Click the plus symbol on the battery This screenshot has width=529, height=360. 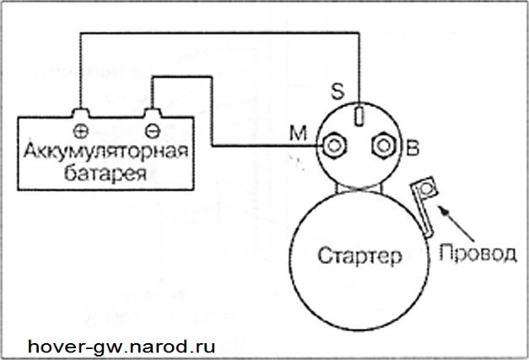[81, 132]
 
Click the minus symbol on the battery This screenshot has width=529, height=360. [153, 132]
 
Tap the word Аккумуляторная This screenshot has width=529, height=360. [106, 152]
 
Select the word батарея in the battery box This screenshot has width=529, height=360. [105, 173]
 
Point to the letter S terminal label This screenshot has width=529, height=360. [337, 91]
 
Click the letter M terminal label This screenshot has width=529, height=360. [298, 133]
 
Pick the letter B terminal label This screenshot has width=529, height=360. [413, 148]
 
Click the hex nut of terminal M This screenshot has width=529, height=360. [334, 146]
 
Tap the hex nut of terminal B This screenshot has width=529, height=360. [383, 146]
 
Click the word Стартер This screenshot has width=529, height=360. [359, 255]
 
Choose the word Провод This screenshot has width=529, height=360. [478, 253]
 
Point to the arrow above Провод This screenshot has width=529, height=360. [456, 223]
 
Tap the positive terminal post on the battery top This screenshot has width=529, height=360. [81, 113]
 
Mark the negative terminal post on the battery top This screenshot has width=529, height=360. [153, 113]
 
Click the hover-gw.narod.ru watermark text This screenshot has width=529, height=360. [121, 347]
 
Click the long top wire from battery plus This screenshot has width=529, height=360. [219, 33]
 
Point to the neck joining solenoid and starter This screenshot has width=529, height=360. [359, 189]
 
